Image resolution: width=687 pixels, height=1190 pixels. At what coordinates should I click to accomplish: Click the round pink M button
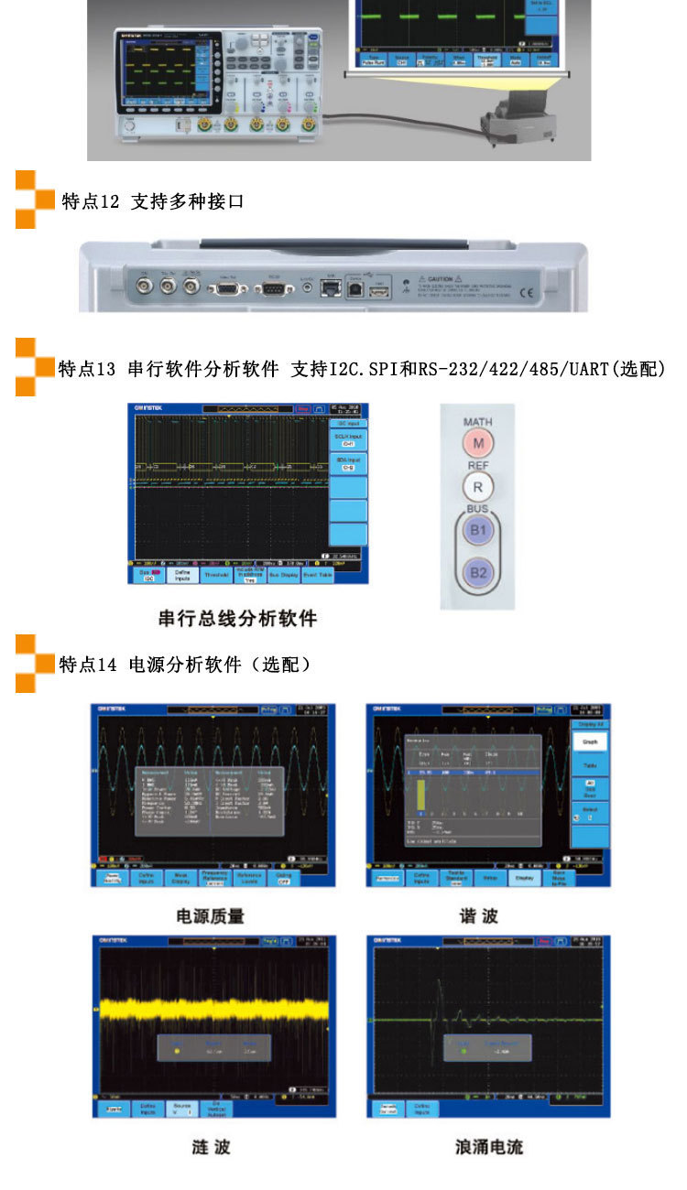coord(477,444)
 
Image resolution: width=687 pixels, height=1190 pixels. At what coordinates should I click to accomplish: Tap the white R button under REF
coord(477,486)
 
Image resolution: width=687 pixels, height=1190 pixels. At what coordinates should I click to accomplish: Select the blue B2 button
coord(477,573)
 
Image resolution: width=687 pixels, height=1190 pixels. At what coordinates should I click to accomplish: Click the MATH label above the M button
coord(477,422)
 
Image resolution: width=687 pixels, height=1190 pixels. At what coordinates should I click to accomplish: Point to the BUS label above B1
coord(477,508)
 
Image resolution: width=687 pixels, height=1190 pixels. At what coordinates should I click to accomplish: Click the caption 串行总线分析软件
coord(237,619)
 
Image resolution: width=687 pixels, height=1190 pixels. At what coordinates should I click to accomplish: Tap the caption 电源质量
coord(211,915)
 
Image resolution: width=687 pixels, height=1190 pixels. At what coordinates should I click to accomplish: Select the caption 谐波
coord(479,915)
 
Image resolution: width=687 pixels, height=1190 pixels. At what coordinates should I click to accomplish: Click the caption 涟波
coord(211,1148)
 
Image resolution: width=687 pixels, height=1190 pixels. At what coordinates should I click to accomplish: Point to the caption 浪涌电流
coord(489,1148)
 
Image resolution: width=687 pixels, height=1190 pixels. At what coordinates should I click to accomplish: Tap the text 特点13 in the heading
coord(87,369)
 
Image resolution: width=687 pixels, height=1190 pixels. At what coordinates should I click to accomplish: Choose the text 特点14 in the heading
coord(88,665)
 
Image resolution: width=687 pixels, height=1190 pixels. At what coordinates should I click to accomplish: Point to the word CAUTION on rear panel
coord(440,277)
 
